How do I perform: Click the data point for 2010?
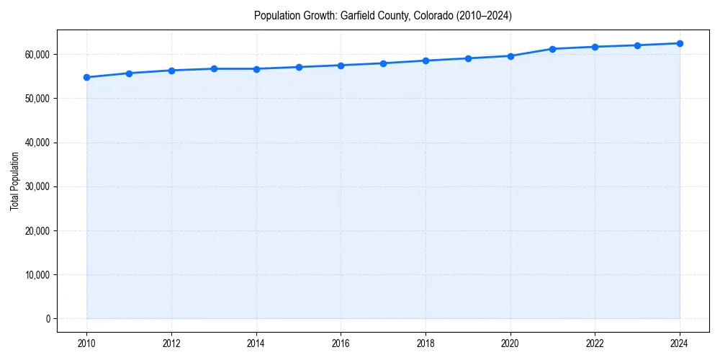[86, 77]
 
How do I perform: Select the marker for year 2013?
[214, 68]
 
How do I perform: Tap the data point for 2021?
[552, 49]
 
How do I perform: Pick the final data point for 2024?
[680, 43]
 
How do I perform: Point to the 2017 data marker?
[383, 63]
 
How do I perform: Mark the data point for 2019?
[468, 58]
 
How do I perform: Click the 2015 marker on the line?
[299, 67]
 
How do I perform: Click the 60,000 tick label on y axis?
[36, 55]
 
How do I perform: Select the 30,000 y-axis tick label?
[36, 187]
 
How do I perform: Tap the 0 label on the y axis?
[47, 319]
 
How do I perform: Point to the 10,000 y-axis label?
[36, 275]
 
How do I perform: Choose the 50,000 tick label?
[36, 99]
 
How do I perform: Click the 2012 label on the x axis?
[171, 343]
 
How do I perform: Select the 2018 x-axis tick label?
[426, 343]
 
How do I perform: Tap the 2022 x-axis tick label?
[595, 343]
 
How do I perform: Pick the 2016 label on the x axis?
[341, 343]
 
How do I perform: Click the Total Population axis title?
[14, 181]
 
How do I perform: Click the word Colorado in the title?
[431, 16]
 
